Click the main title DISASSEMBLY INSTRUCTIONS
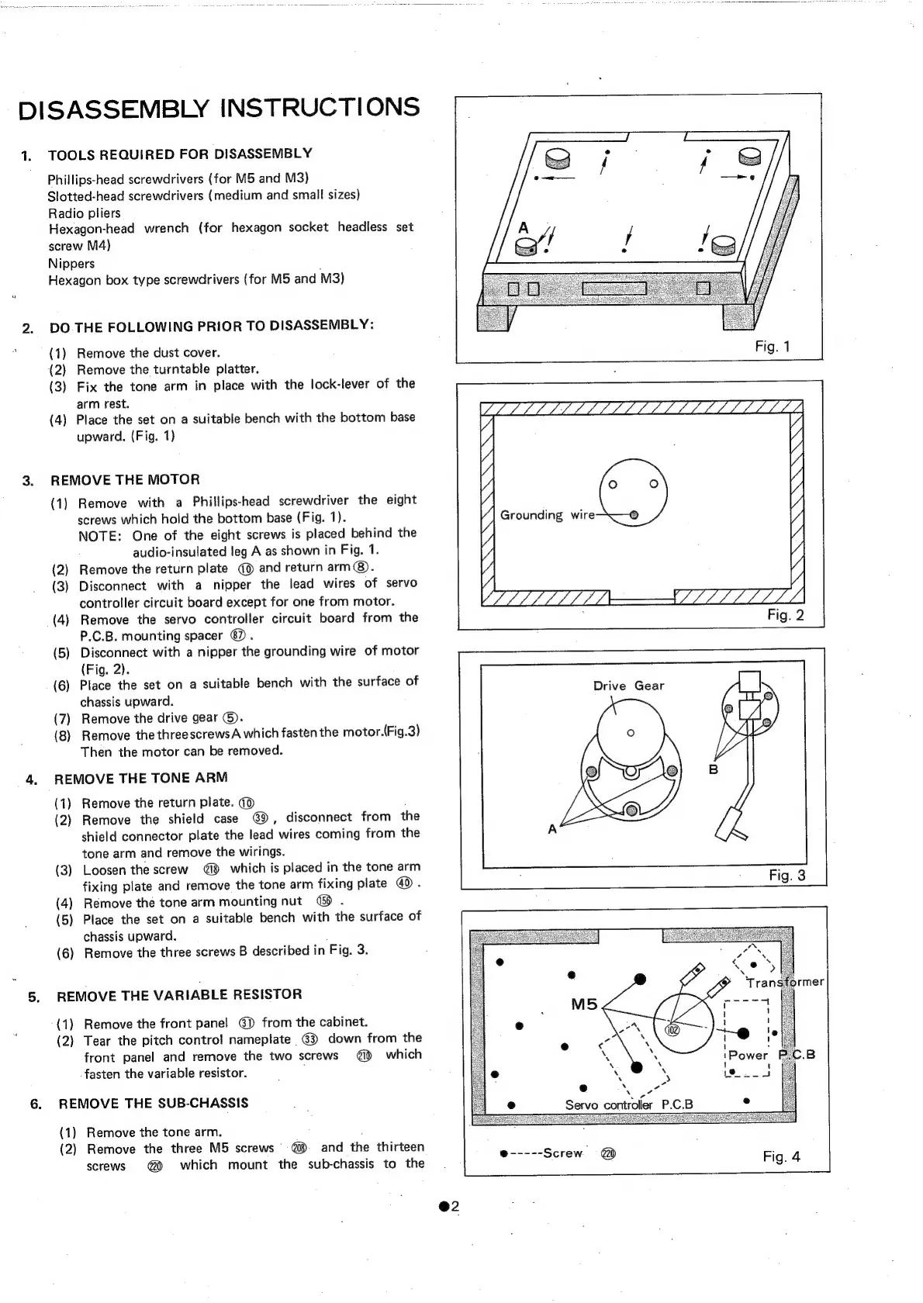pos(219,107)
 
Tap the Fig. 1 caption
pos(772,346)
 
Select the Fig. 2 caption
pos(785,615)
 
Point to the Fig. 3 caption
pos(786,875)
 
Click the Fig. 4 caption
pos(781,1156)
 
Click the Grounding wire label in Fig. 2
pos(547,515)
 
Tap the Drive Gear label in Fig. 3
pos(628,686)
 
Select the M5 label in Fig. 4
pos(584,1004)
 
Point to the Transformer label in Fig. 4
pos(784,982)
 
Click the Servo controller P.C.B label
pos(629,1104)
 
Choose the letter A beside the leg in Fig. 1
pos(524,228)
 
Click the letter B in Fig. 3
pos(714,769)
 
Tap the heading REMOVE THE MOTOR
pos(125,479)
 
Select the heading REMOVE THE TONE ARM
pos(140,778)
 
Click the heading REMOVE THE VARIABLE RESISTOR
pos(179,995)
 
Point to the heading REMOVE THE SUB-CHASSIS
pos(154,1103)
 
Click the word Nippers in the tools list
pos(71,263)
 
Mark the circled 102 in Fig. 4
pos(673,1029)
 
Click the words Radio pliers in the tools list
pos(84,213)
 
